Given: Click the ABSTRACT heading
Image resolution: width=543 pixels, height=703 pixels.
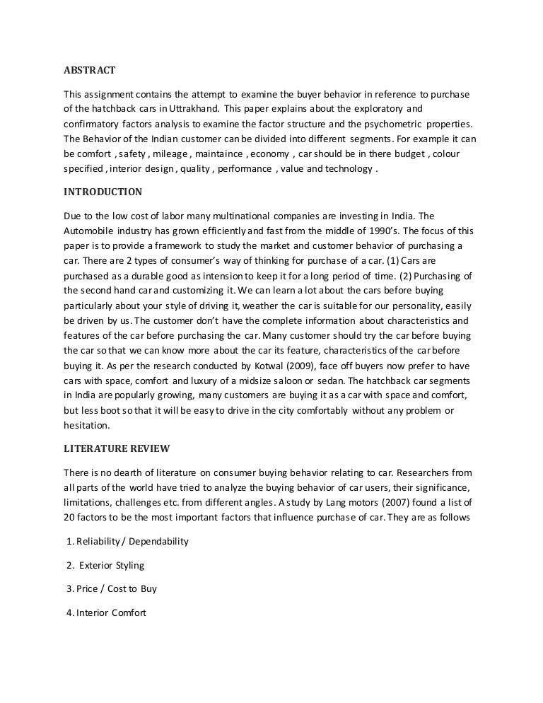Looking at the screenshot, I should click(x=85, y=70).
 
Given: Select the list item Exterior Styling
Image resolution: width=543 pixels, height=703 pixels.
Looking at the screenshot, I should click(x=112, y=565).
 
